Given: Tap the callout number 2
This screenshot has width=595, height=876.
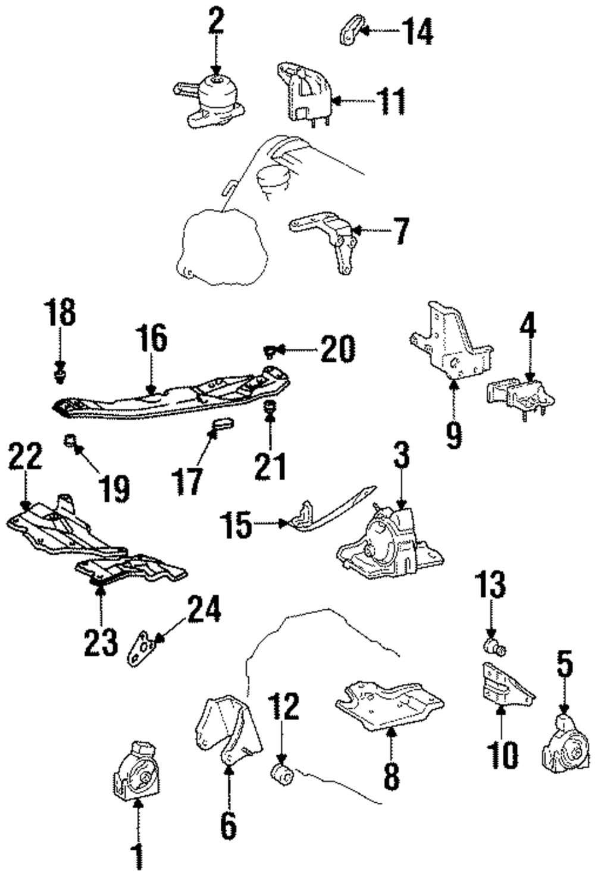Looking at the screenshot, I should click(217, 21).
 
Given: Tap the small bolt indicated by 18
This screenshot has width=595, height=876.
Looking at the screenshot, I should click(59, 374).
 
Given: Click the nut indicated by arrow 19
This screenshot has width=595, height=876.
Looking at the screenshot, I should click(70, 441).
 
